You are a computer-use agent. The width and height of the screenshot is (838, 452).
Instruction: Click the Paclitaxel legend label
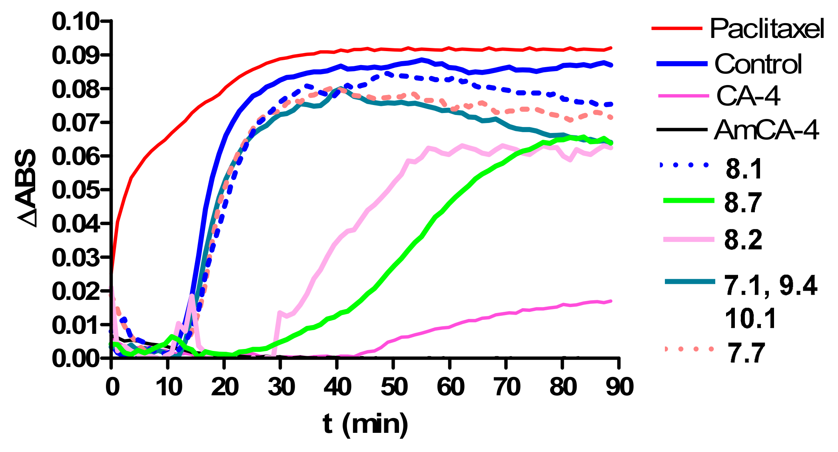click(x=766, y=29)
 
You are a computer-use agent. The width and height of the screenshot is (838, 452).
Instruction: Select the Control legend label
click(x=758, y=64)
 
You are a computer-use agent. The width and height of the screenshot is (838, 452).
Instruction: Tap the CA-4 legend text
click(x=748, y=96)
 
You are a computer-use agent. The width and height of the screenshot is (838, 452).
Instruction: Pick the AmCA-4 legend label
click(x=766, y=130)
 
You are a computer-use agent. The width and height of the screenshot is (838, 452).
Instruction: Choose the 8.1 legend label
click(x=744, y=169)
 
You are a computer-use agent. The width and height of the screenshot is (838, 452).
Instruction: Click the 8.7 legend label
click(x=743, y=202)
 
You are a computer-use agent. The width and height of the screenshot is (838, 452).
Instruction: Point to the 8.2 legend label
click(x=743, y=240)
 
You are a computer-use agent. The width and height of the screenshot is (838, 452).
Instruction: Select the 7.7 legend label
click(x=745, y=353)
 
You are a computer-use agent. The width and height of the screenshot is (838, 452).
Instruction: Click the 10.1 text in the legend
click(x=750, y=319)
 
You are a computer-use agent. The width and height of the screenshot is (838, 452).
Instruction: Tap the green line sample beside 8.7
click(x=688, y=201)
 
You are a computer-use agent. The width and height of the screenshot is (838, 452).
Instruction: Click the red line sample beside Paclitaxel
click(x=677, y=28)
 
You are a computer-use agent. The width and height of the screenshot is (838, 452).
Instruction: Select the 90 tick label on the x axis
click(x=619, y=387)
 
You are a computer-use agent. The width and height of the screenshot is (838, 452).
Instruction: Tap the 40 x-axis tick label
click(x=337, y=387)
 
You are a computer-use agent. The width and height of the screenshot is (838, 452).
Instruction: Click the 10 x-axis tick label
click(x=168, y=387)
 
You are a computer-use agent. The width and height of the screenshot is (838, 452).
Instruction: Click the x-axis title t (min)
click(x=365, y=424)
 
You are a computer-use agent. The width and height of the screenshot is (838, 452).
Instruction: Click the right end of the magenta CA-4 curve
click(x=611, y=301)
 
